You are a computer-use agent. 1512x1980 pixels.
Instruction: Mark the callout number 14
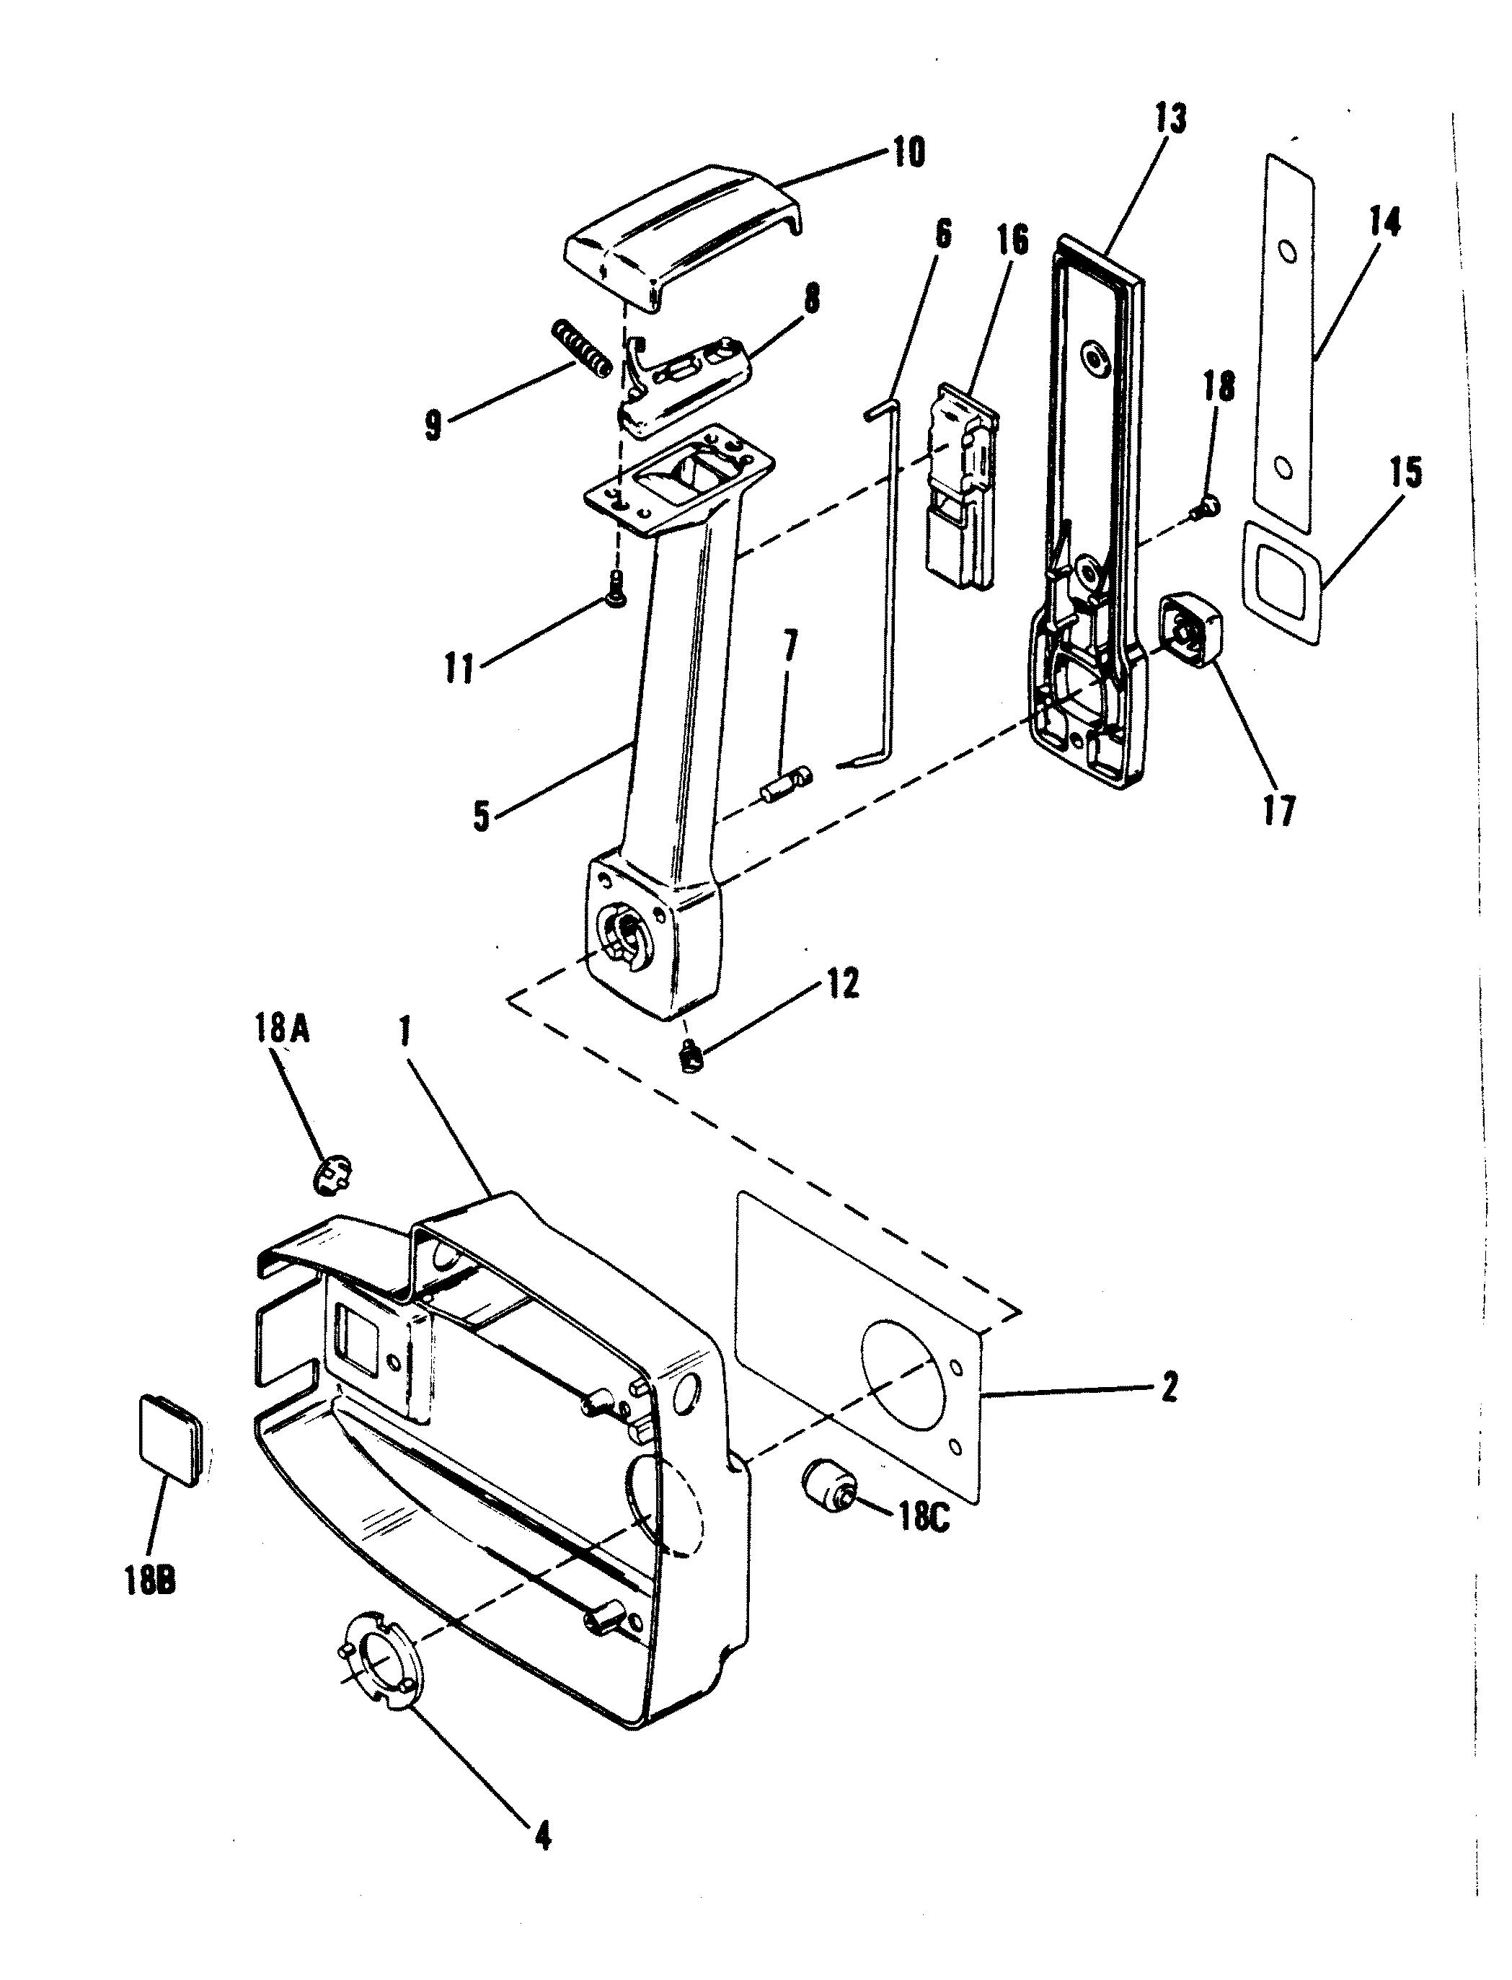(x=1384, y=221)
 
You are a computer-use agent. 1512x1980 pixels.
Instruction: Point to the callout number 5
(x=482, y=817)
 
